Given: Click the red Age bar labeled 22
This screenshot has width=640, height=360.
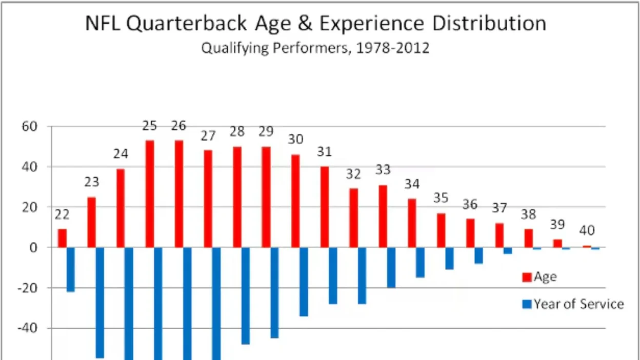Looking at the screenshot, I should tap(62, 238).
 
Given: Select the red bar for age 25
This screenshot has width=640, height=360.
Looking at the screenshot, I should tap(150, 194).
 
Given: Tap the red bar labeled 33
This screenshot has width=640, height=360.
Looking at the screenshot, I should tap(383, 216).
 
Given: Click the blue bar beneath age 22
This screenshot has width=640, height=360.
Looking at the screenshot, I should tap(71, 270).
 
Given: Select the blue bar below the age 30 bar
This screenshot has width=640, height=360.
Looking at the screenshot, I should tap(304, 282).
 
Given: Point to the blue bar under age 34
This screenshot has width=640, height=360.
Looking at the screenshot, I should tap(420, 263).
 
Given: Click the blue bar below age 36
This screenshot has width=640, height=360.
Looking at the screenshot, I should tap(478, 255).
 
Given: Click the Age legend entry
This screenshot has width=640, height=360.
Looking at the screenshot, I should tap(539, 277).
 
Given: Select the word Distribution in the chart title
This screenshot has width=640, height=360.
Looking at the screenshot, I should tap(488, 24).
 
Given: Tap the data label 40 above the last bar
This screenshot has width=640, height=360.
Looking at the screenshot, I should tap(587, 231).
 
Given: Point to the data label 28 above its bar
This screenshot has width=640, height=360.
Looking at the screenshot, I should tap(237, 131).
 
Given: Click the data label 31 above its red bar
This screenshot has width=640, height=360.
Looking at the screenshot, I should tap(324, 152).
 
